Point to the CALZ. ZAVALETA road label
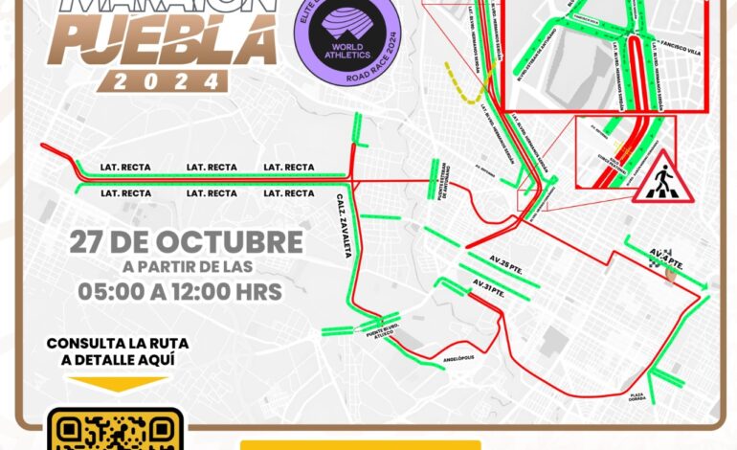(341, 229)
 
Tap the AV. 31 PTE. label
(488, 283)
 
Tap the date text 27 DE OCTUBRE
(186, 241)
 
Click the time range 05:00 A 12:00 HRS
(181, 291)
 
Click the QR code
(115, 431)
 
